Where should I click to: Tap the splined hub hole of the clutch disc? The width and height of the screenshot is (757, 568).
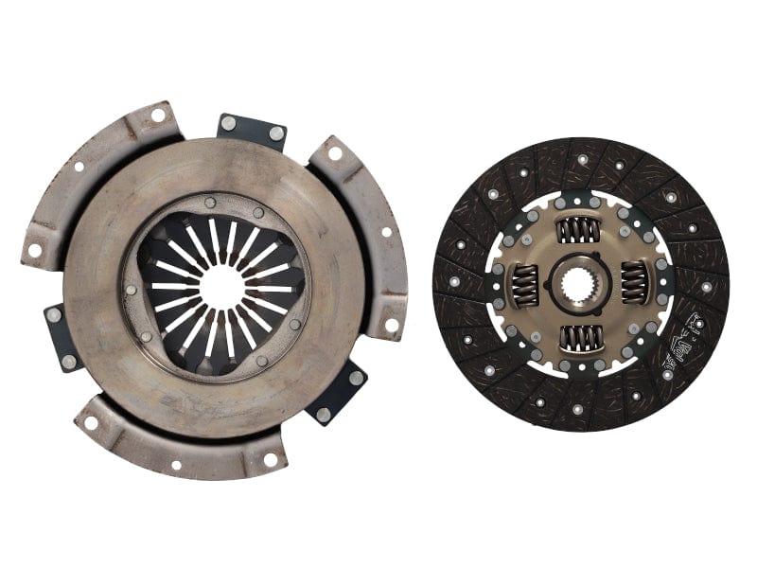(577, 282)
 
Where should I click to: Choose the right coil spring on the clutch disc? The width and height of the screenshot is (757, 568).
(632, 282)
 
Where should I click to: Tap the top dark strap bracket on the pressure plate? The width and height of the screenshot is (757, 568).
(252, 131)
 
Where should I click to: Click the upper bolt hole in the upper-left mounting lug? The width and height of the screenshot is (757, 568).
(156, 115)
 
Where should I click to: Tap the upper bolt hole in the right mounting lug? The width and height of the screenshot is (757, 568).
(334, 152)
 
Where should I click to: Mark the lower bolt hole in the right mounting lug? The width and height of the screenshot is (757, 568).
(391, 325)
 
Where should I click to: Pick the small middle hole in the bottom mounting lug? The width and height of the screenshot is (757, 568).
(176, 465)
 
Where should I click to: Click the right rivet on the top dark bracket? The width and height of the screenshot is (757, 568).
(275, 133)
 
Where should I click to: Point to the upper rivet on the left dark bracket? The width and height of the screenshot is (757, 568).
(55, 315)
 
